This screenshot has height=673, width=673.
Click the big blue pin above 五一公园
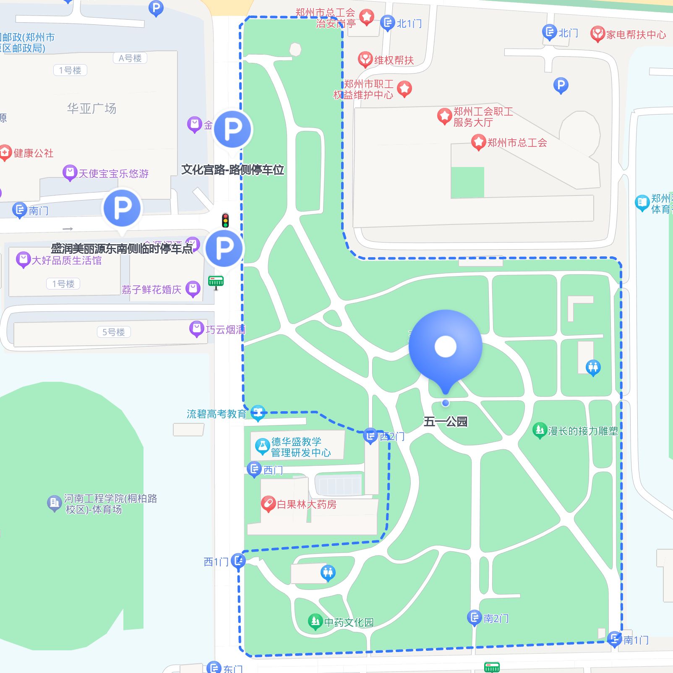(445, 347)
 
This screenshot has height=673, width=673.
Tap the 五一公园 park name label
(445, 421)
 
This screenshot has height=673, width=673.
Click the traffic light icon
(225, 220)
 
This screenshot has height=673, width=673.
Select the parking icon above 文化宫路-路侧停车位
(233, 129)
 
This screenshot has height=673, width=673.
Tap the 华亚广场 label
(91, 109)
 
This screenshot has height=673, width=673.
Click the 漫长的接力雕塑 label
(582, 431)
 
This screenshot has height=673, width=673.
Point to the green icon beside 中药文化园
(315, 621)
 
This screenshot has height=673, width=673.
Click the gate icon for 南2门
(474, 618)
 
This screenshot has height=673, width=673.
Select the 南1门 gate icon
(614, 639)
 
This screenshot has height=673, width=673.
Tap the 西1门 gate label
(216, 562)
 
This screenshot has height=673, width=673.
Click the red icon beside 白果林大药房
(268, 503)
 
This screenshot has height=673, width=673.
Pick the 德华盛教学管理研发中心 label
(300, 447)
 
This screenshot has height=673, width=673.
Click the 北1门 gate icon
(387, 23)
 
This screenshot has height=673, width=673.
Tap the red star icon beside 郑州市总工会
(478, 142)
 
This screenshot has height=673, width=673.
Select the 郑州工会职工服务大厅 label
(483, 117)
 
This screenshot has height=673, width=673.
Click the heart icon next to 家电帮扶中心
(597, 34)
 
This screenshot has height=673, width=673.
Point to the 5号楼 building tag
(114, 332)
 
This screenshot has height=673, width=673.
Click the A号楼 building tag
(130, 58)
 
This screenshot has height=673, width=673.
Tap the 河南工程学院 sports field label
(110, 503)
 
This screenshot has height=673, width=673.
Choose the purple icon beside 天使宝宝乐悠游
(69, 172)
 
